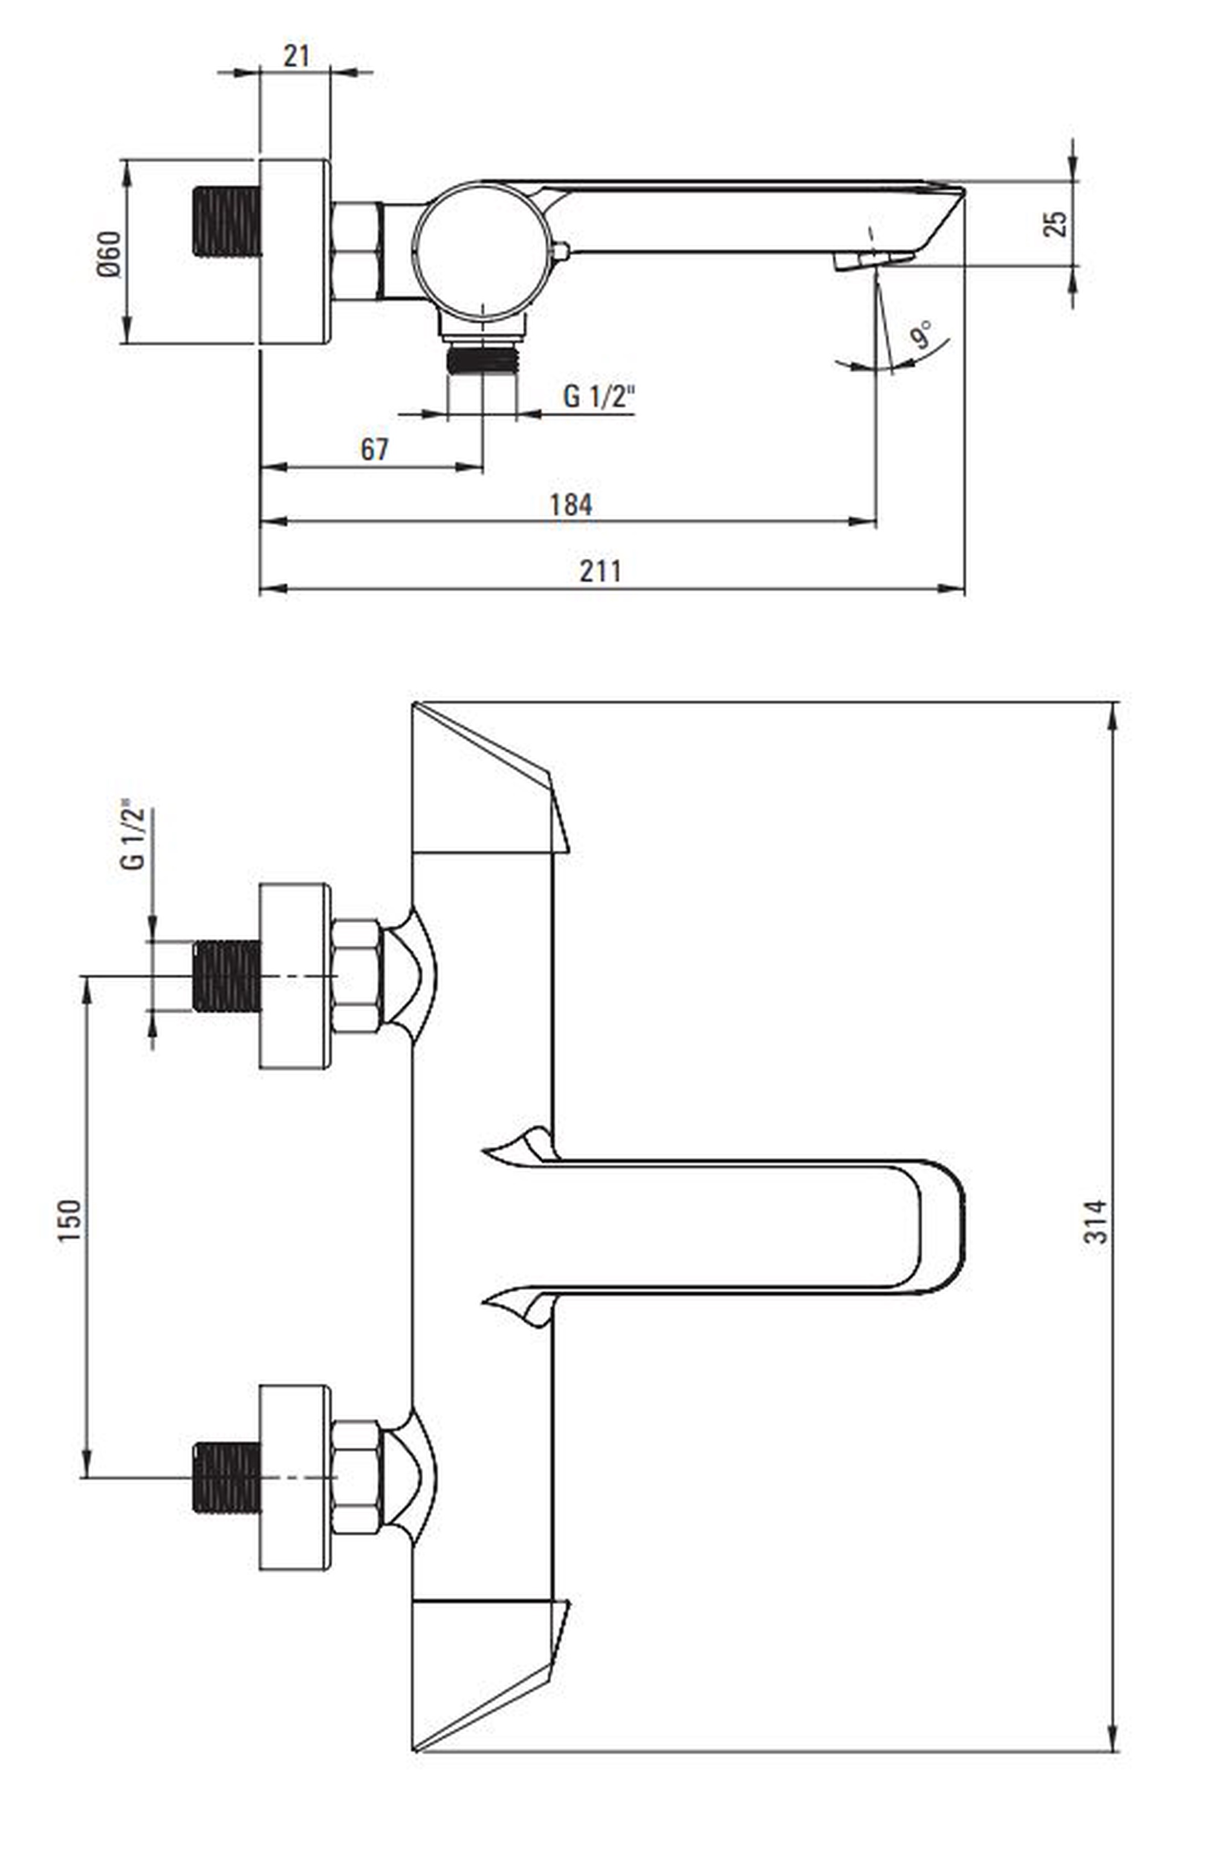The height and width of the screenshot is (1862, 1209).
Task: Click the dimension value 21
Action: pos(296,57)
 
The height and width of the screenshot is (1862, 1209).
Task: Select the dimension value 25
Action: pos(1055,224)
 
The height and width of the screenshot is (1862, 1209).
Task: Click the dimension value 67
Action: pos(374,449)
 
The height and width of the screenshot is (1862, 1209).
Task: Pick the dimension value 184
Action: pos(570,504)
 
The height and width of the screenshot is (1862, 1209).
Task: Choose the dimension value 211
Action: pos(600,571)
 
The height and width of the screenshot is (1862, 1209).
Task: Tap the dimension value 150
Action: pos(69,1220)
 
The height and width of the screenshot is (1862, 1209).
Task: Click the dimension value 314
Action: pos(1095,1221)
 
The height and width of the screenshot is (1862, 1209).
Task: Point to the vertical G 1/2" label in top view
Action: pos(133,834)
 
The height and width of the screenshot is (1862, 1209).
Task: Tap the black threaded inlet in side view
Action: pos(226,221)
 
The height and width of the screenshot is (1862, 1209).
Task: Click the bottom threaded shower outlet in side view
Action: pos(482,360)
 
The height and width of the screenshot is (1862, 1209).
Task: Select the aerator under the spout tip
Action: pos(873,261)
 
